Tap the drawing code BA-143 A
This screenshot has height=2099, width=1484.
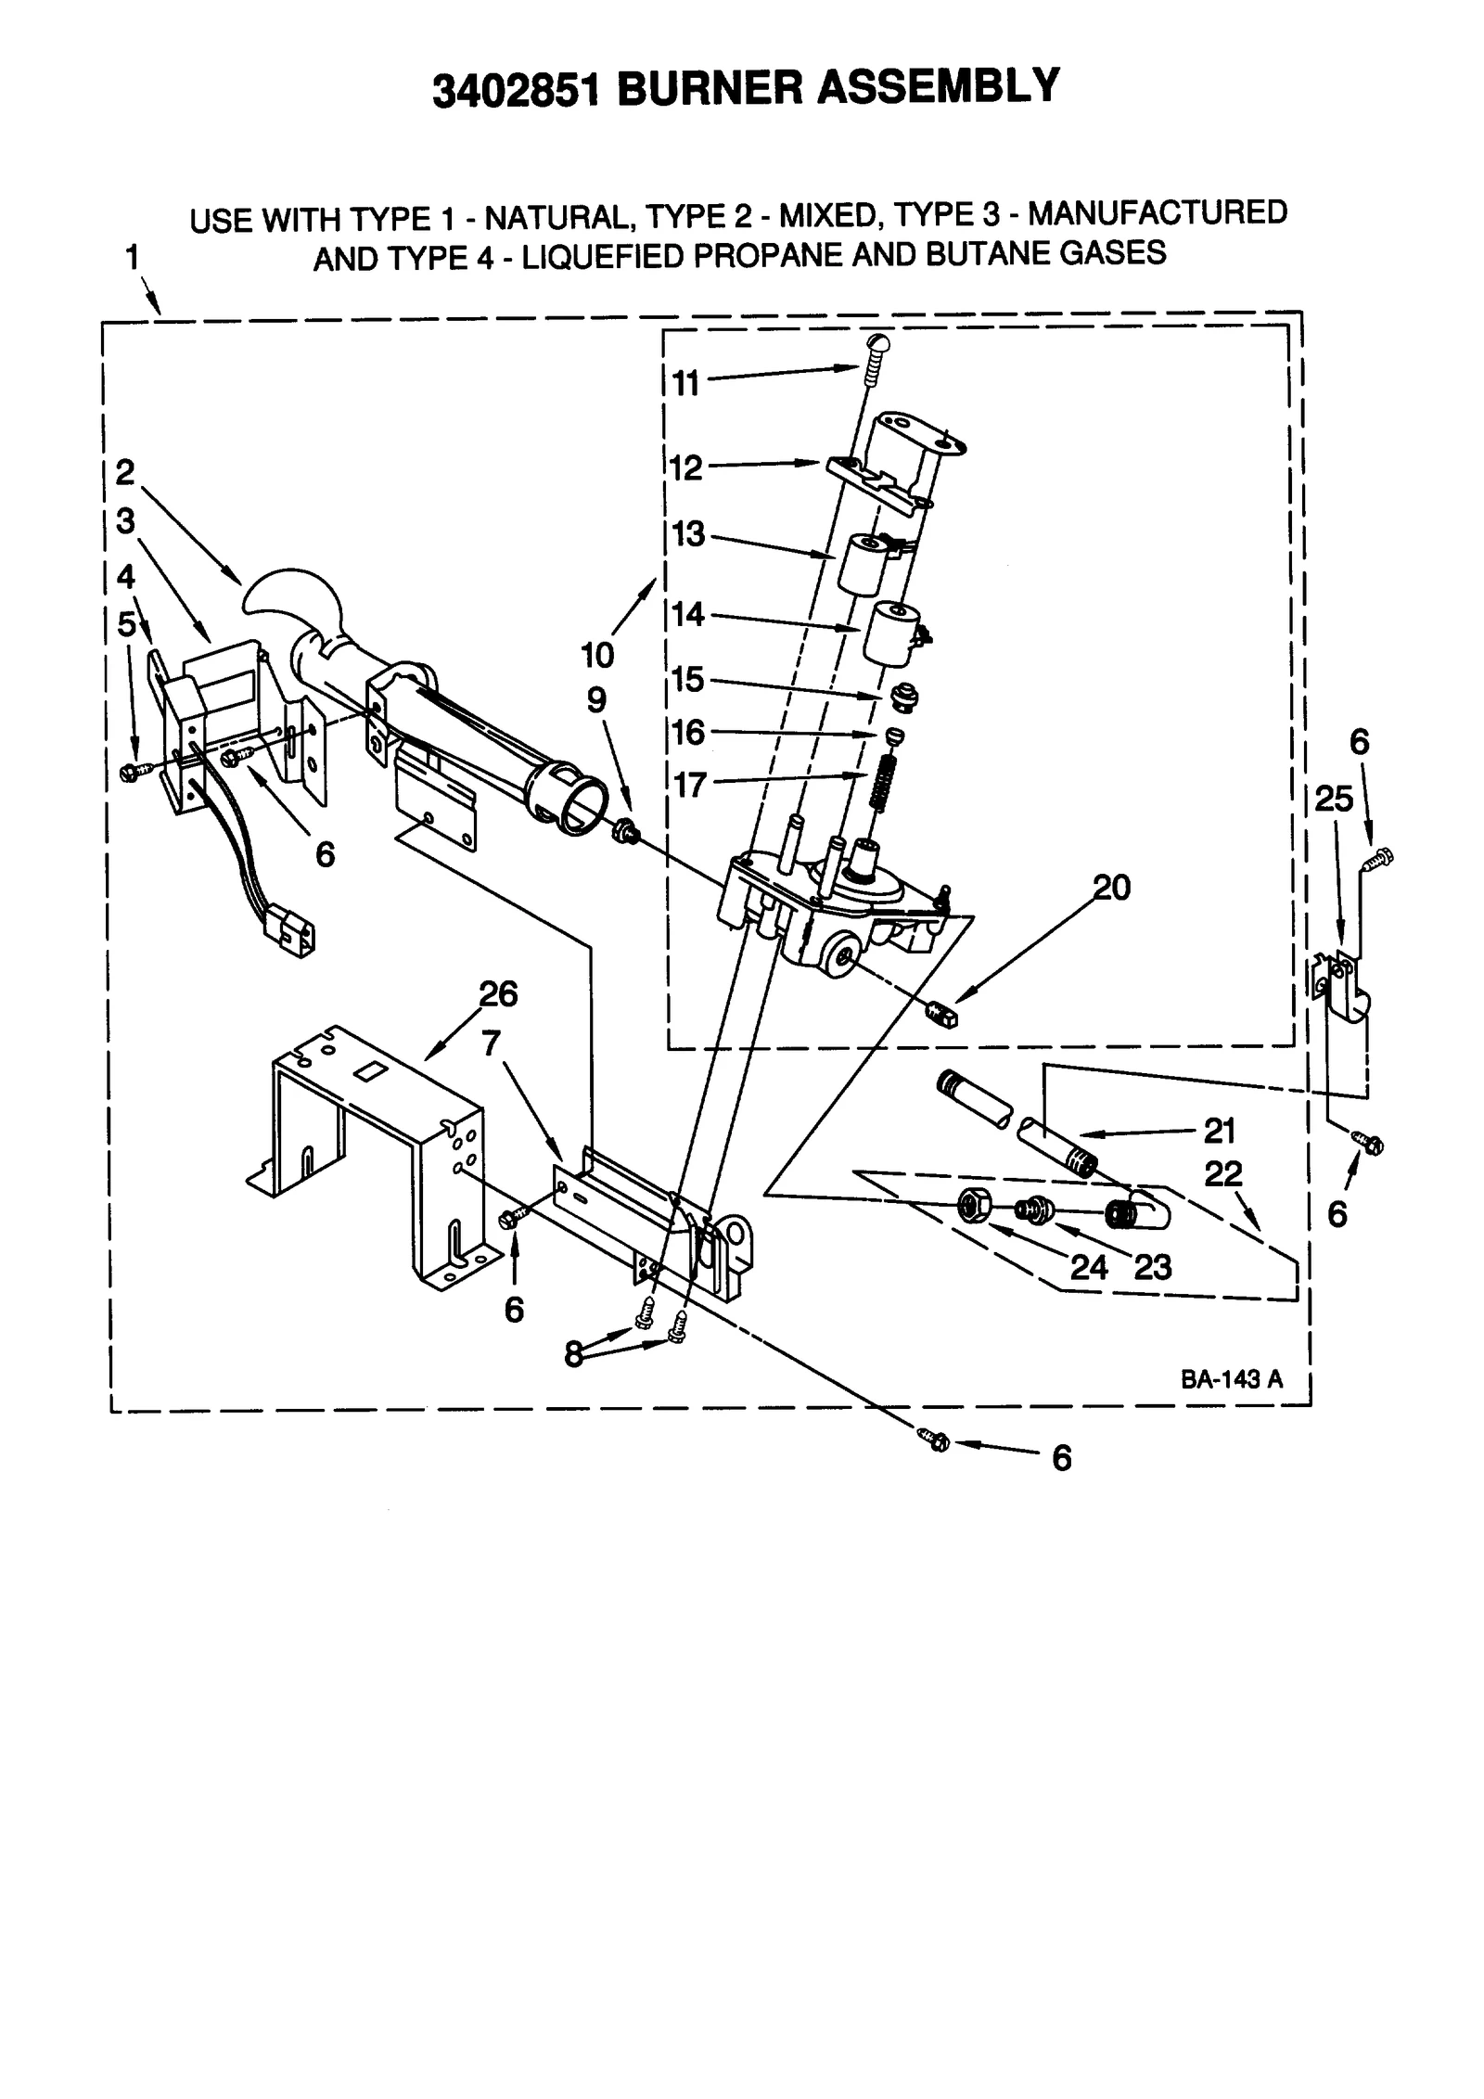click(x=1231, y=1379)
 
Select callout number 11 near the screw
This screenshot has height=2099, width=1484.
click(x=685, y=382)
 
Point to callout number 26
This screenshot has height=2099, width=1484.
click(x=498, y=994)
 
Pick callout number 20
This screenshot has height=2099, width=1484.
click(x=1112, y=888)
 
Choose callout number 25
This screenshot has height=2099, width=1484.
click(x=1334, y=799)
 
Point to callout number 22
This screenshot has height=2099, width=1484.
click(x=1222, y=1173)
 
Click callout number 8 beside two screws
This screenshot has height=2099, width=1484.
click(x=574, y=1354)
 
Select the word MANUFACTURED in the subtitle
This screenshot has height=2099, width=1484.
click(x=1158, y=213)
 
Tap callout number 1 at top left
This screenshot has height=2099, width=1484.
click(x=133, y=257)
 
